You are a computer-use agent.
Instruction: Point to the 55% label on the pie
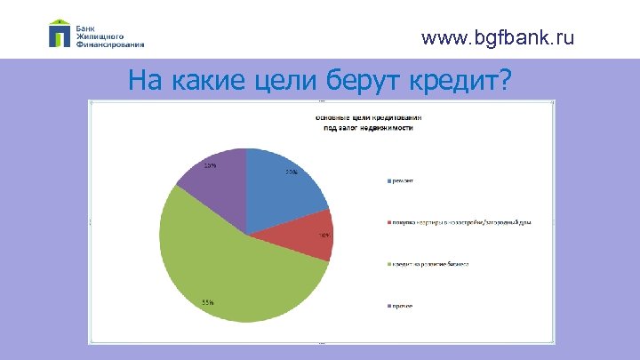[x=207, y=302]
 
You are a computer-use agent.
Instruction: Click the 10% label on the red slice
[x=325, y=236]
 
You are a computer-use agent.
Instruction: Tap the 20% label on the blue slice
[x=291, y=172]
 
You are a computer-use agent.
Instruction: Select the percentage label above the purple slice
[x=210, y=165]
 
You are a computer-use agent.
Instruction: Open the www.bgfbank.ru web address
[x=498, y=38]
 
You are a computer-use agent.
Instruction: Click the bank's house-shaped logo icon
[x=60, y=33]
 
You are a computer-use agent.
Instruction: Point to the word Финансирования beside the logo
[x=110, y=43]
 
